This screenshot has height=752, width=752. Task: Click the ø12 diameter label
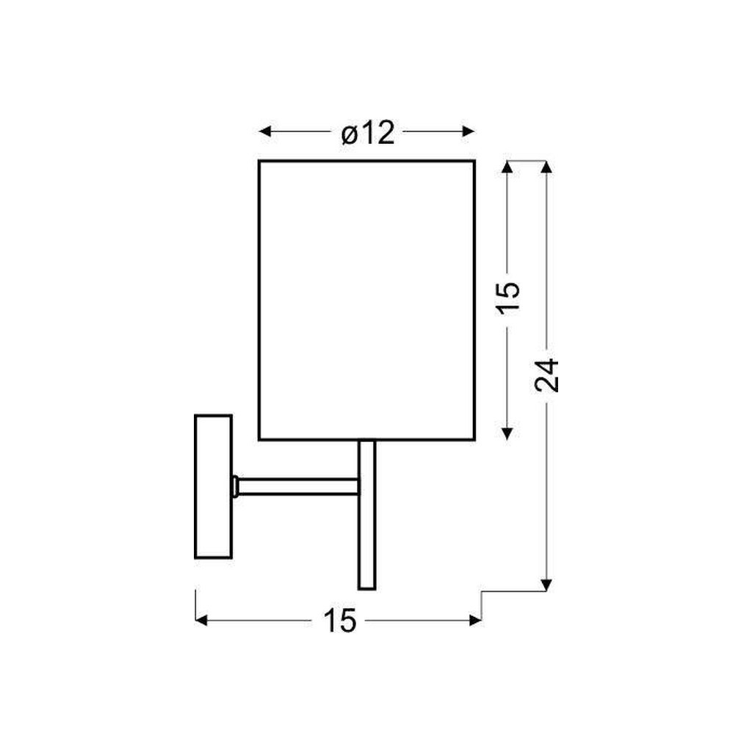pos(368,133)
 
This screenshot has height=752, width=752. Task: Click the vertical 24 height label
pos(548,375)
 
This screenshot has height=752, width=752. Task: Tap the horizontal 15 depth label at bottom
pos(339,621)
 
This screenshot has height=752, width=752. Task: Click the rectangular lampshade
pos(366,300)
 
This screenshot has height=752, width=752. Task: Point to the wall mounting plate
pos(213,487)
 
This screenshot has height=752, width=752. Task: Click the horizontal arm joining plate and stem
pos(297,485)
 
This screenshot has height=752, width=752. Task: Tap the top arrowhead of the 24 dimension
pos(546,167)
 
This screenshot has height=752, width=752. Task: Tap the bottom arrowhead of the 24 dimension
pos(546,585)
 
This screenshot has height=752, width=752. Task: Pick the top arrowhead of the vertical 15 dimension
pos(507,167)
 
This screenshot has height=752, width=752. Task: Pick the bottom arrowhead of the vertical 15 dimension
pos(507,433)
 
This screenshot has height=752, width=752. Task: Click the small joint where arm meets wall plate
pos(236,485)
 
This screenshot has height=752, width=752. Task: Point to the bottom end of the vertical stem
pos(366,587)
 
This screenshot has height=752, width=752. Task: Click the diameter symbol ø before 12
pos(350,134)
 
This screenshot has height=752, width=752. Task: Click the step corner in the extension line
pos(482,592)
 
